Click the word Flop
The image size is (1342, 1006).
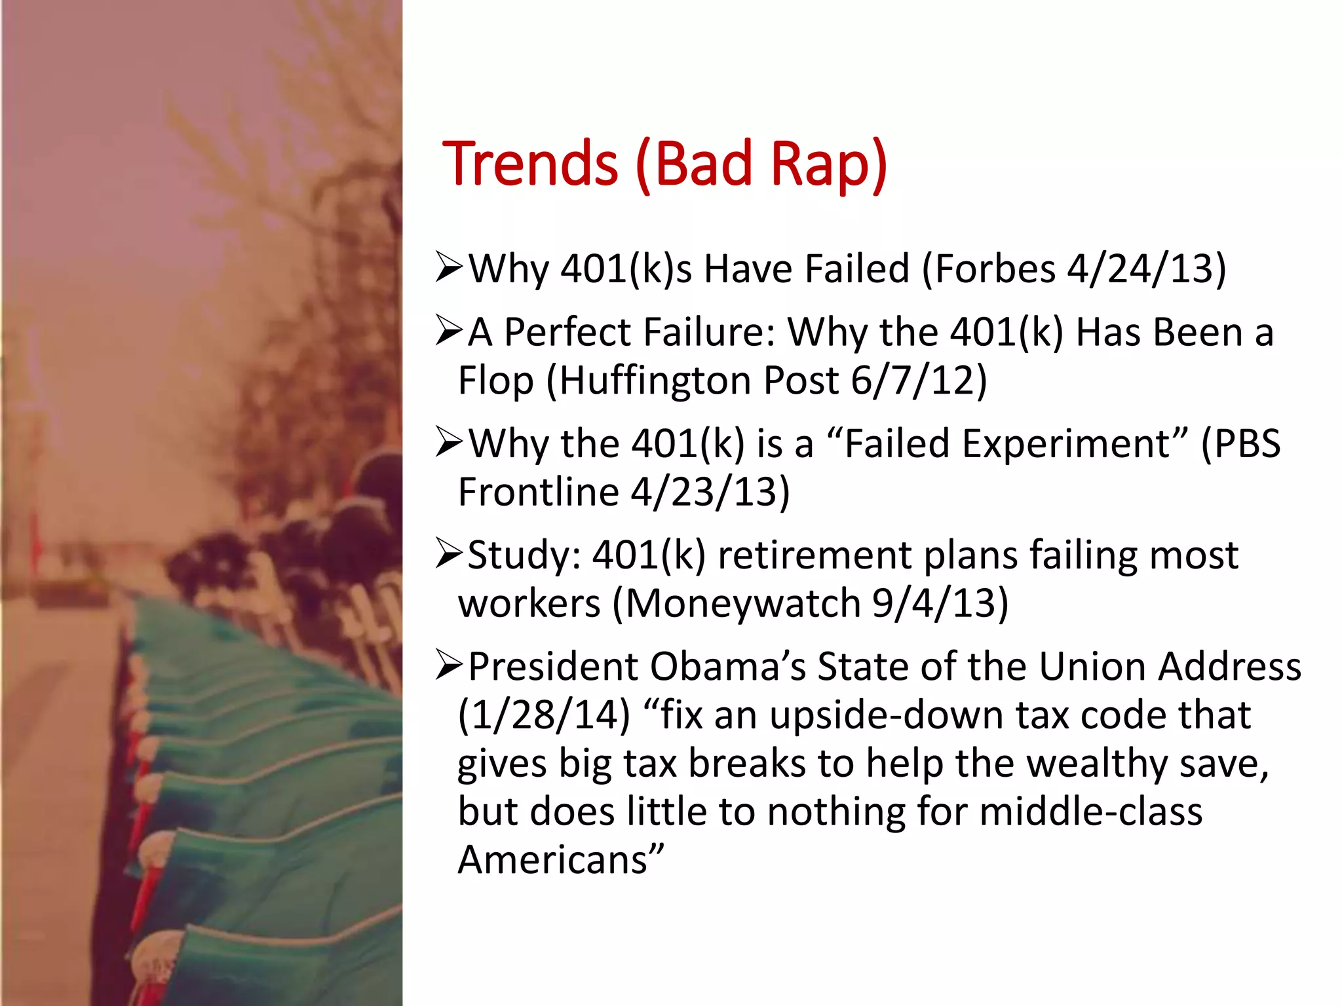495,381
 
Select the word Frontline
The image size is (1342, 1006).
538,492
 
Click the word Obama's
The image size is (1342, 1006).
727,667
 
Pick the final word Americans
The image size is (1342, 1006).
554,859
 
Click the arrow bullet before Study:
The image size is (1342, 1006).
450,554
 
